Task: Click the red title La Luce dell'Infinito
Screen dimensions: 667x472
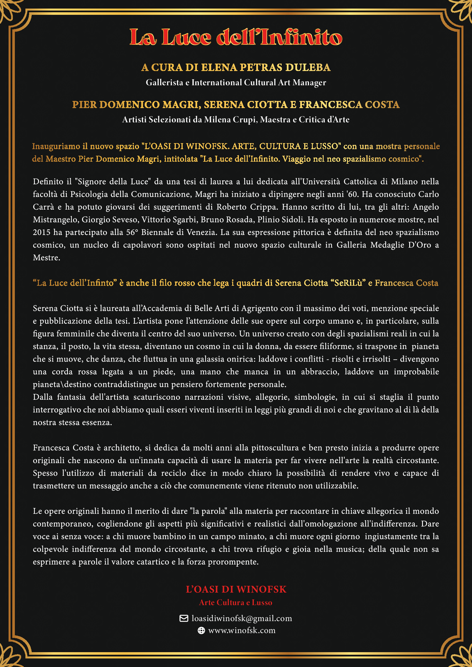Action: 236,37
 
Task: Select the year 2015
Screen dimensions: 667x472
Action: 42,232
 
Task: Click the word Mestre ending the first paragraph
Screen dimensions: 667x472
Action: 46,258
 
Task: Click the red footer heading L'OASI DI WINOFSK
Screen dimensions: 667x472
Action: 236,589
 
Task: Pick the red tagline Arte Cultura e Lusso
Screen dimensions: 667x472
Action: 236,603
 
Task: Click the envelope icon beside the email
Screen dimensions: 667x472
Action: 184,619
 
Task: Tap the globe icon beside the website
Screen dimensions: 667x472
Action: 201,630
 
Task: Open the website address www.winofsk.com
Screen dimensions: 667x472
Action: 242,630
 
